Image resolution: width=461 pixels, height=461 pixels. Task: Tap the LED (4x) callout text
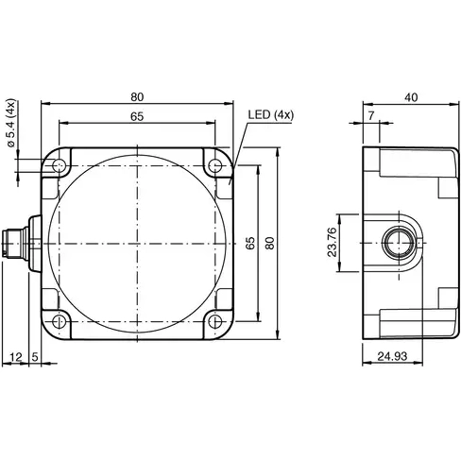271,115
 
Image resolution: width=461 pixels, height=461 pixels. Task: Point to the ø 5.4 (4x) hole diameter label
10,126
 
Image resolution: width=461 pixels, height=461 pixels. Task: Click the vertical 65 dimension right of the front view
250,243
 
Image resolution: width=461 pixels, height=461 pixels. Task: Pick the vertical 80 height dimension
270,243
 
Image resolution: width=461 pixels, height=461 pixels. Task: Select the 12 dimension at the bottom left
14,356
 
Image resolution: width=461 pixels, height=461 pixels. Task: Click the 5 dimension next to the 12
35,356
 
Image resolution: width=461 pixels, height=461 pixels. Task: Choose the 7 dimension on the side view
370,114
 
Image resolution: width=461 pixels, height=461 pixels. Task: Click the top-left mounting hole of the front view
60,167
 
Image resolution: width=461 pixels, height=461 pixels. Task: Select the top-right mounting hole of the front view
216,167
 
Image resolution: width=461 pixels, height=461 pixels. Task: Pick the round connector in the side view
397,244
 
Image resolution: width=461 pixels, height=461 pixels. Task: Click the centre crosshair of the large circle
138,244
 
